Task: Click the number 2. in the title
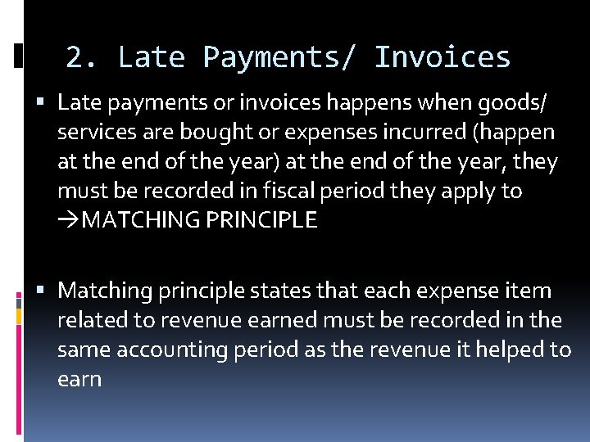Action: point(81,57)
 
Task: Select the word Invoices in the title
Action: point(442,57)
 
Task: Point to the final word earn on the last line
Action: point(79,379)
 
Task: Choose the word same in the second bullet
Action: point(84,350)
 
